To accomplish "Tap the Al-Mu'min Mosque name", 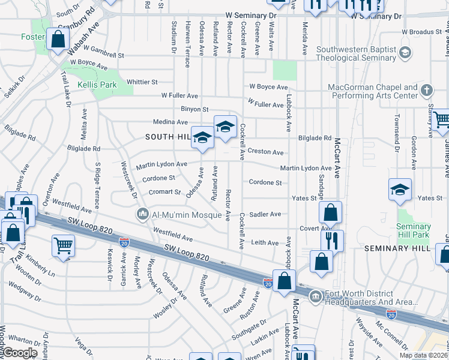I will coord(178,214).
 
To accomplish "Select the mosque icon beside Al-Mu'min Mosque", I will coord(143,214).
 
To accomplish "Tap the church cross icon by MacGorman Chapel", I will coord(427,91).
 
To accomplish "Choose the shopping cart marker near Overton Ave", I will coord(63,245).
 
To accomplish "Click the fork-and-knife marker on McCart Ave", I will coord(332,241).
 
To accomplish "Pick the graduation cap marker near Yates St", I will coord(400,190).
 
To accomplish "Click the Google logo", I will coord(20,353).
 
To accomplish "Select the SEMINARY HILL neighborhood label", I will coord(397,248).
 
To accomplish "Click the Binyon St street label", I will coord(194,109).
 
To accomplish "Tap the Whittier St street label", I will coord(142,82).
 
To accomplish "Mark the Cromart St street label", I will coord(165,192).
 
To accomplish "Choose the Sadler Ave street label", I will coord(265,214).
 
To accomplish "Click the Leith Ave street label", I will coord(264,242).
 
